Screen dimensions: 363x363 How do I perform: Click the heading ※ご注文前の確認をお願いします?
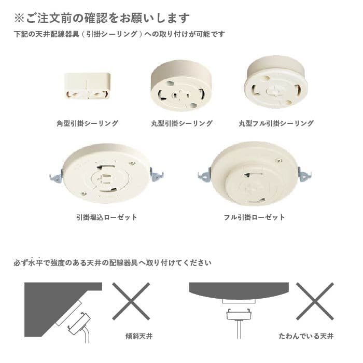point(102,18)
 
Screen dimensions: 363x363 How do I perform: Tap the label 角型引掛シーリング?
point(88,124)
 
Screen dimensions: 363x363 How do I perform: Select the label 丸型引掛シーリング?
point(181,124)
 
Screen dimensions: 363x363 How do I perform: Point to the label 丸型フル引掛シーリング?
point(276,124)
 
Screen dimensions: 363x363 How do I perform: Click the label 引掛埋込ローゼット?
point(106,217)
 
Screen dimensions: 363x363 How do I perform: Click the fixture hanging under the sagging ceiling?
point(239,314)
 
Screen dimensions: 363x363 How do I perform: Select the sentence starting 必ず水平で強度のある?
point(113,263)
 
